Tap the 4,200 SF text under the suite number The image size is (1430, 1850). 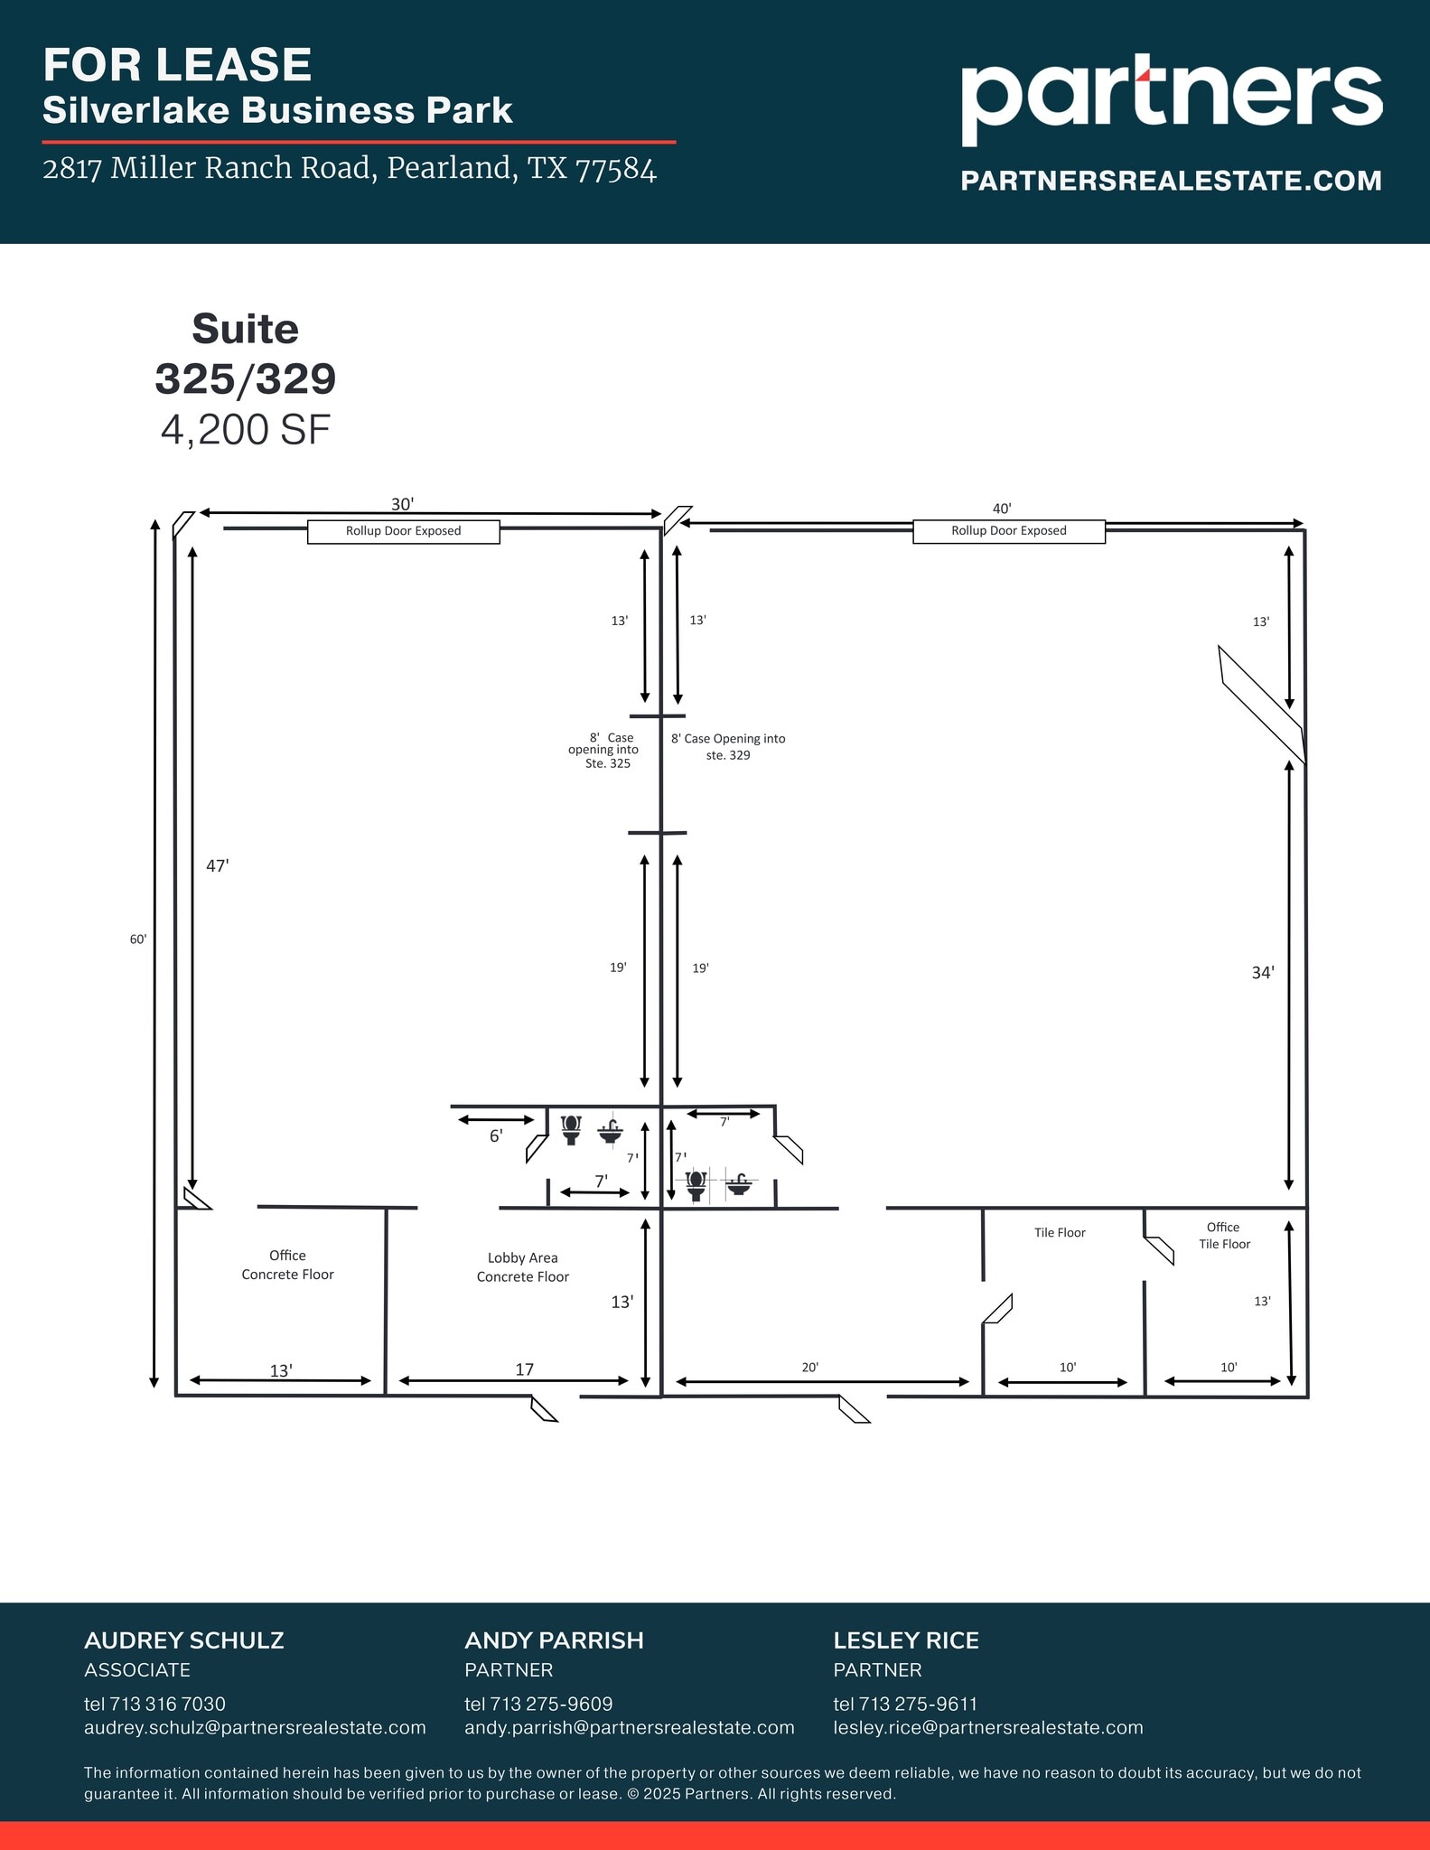246,430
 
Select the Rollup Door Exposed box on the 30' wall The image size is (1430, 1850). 403,531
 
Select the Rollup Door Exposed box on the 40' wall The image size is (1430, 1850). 1008,531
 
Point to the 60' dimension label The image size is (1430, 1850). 138,939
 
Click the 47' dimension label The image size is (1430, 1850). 218,865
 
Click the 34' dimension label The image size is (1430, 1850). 1263,973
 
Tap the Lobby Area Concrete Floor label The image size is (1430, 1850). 523,1267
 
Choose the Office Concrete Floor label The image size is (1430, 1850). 287,1265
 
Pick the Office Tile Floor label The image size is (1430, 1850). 1224,1236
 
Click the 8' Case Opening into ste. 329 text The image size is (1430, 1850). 728,746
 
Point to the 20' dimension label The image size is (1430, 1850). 810,1368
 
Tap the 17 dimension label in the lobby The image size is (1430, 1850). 525,1369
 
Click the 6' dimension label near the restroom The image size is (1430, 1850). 496,1136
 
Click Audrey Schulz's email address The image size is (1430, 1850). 255,1727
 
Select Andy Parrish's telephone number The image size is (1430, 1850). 538,1704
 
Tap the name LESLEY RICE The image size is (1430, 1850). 906,1640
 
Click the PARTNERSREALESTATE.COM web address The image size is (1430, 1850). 1171,181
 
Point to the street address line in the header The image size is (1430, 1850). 350,168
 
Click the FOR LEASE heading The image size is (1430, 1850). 177,65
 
